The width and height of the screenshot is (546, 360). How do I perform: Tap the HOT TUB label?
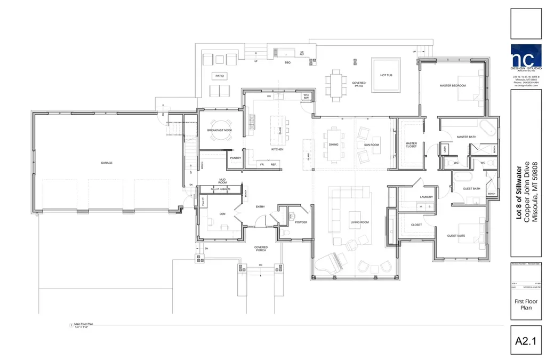tap(387, 75)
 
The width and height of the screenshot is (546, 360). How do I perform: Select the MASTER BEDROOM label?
tap(453, 86)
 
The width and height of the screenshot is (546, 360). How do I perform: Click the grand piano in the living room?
tap(328, 262)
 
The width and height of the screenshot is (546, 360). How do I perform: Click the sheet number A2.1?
tap(526, 340)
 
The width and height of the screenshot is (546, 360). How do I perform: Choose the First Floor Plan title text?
tap(526, 305)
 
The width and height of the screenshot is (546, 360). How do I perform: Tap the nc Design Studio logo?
tap(526, 58)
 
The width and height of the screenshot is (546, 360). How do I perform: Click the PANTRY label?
tap(236, 158)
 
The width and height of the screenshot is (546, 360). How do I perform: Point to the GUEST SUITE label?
tap(457, 235)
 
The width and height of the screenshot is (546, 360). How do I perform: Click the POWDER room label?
tap(301, 222)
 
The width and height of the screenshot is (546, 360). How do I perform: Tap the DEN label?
tap(222, 214)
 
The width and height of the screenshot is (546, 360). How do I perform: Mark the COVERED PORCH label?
tap(261, 249)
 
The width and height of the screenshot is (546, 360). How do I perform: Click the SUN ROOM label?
tap(371, 145)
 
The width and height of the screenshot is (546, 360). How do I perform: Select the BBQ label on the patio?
tap(287, 62)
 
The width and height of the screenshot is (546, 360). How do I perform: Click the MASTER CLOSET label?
tap(411, 145)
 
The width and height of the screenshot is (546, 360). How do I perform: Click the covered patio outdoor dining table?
tap(336, 83)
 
